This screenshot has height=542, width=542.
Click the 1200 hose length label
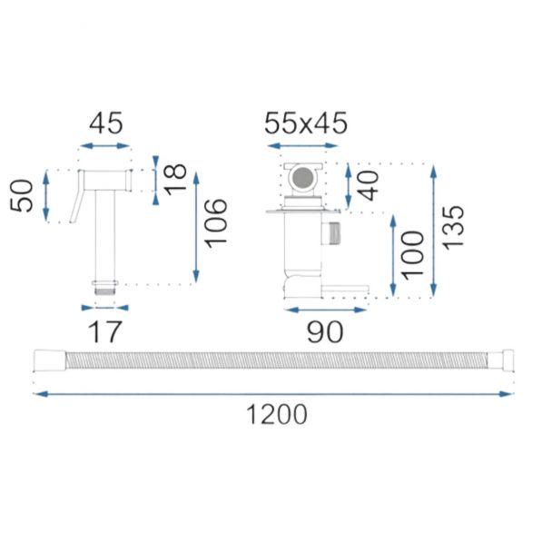pyautogui.click(x=277, y=414)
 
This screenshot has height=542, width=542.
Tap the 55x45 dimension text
pyautogui.click(x=306, y=123)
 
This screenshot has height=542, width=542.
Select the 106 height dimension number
pyautogui.click(x=216, y=223)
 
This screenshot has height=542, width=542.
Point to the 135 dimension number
pyautogui.click(x=453, y=227)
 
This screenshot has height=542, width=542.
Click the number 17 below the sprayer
pyautogui.click(x=105, y=331)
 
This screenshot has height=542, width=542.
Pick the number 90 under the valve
pyautogui.click(x=325, y=331)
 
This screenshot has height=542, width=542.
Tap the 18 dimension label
pyautogui.click(x=175, y=180)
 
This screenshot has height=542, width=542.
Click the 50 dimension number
pyautogui.click(x=22, y=195)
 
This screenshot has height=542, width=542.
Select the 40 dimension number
pyautogui.click(x=368, y=186)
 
